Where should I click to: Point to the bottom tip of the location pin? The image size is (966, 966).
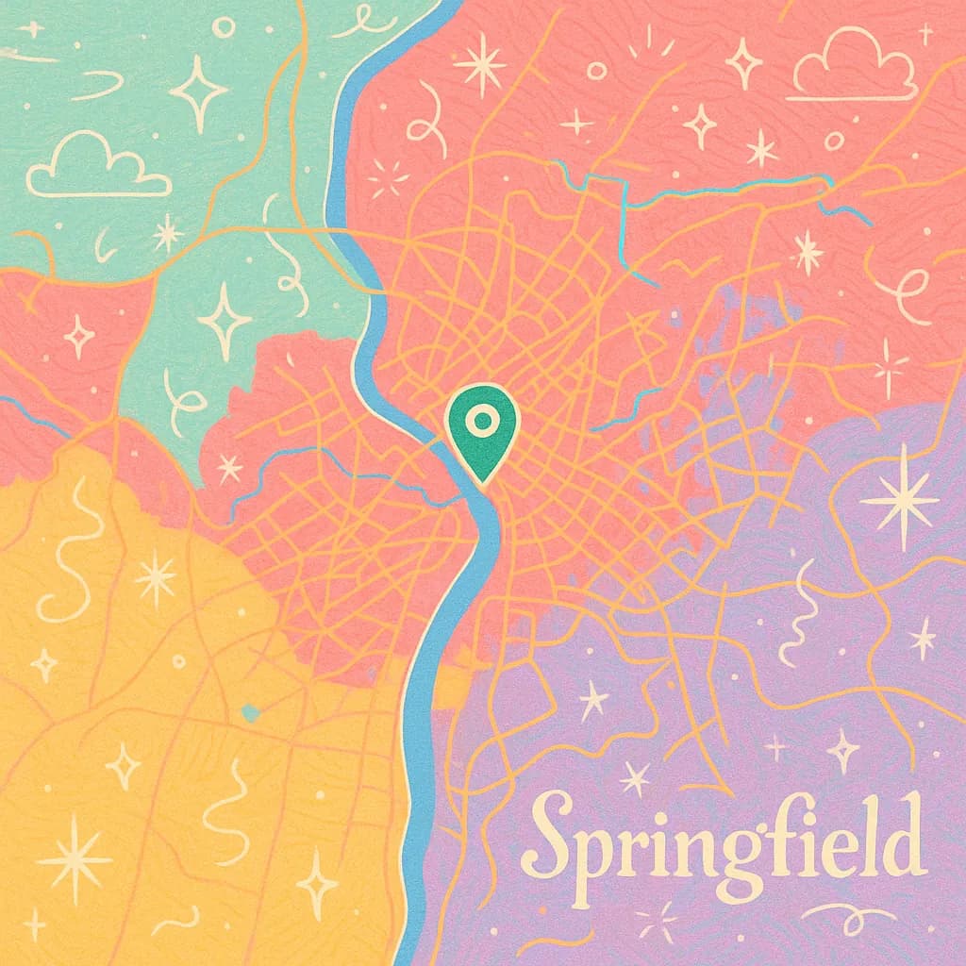481,483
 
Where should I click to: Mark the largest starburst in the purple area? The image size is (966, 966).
899,497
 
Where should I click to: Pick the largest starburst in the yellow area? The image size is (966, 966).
74,857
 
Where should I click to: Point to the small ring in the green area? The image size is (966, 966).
224,26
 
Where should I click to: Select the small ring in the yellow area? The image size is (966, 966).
179,661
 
